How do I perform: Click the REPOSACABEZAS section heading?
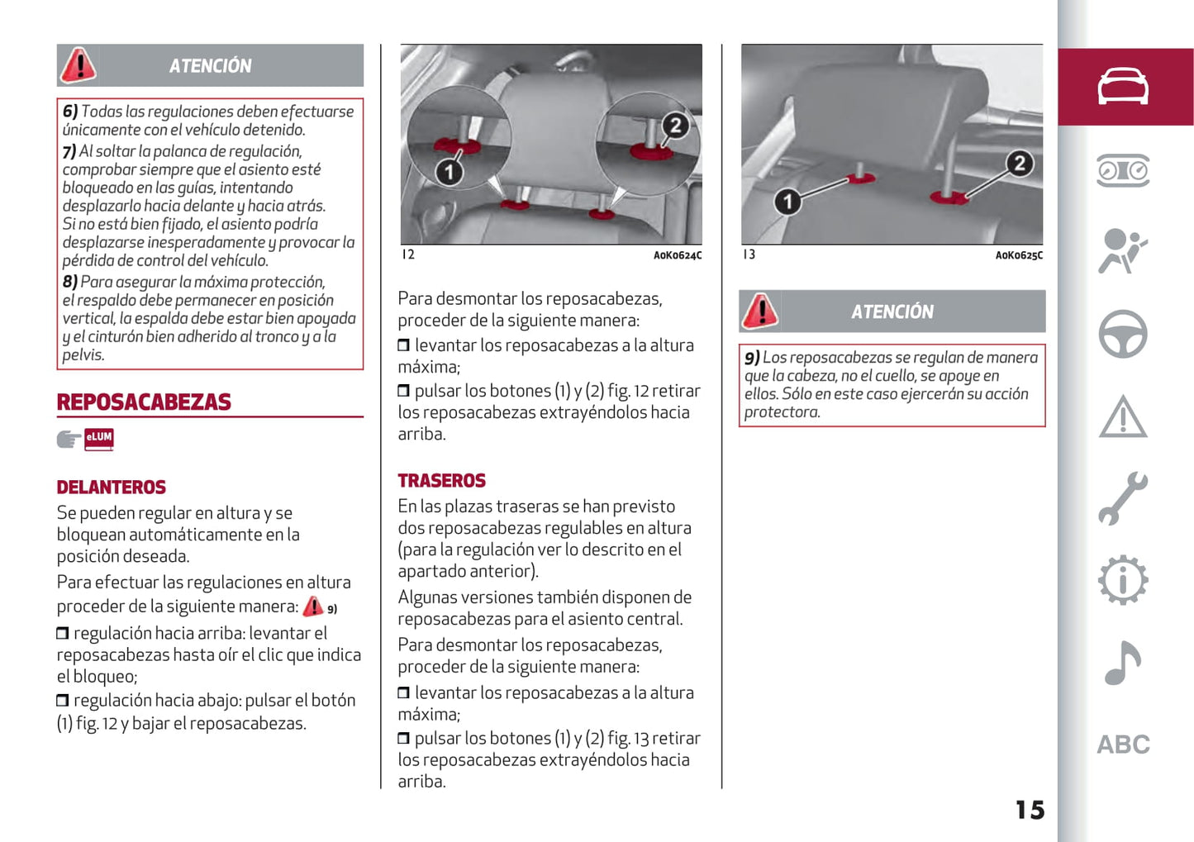coord(144,402)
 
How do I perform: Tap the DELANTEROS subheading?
coord(112,488)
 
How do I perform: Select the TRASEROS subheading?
coord(441,481)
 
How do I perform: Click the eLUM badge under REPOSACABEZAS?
coord(99,438)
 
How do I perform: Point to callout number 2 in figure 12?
coord(676,126)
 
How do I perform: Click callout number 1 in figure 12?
coord(449,172)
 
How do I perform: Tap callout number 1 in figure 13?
coord(787,201)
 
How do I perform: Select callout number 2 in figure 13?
coord(1019,164)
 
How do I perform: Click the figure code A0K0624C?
coord(678,255)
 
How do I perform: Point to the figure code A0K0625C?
coord(1019,255)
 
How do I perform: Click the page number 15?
coord(1030,810)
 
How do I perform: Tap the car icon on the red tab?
coord(1123,87)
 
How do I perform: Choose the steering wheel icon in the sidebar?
coord(1123,334)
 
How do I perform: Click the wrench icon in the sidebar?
coord(1123,498)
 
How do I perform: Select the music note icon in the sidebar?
coord(1123,663)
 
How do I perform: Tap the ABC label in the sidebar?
coord(1123,744)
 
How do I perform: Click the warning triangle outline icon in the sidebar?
coord(1123,416)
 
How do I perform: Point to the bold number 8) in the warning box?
coord(70,282)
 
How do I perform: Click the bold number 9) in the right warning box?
coord(752,358)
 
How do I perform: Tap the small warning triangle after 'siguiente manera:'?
coord(313,607)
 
